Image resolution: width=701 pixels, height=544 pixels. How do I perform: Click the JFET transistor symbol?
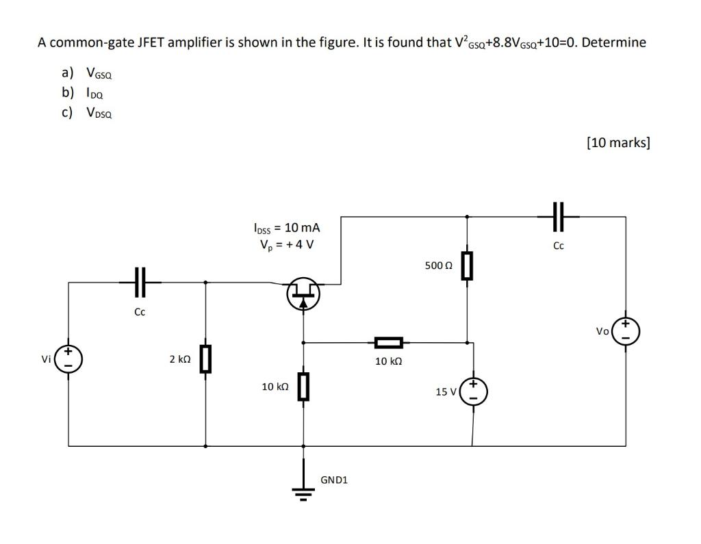point(303,294)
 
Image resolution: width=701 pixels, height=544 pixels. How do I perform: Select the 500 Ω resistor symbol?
point(467,265)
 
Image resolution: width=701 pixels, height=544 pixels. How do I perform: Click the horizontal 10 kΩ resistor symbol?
point(387,342)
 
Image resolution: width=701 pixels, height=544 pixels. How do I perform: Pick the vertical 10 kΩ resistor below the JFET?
point(304,387)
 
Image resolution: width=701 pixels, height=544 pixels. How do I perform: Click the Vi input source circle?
point(68,359)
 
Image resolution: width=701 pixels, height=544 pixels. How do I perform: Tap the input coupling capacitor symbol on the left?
point(140,281)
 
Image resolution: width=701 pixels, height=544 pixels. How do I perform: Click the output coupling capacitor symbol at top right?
point(559,216)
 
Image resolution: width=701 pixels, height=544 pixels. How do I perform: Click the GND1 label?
point(334,480)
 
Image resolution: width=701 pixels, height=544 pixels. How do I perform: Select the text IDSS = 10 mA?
point(286,227)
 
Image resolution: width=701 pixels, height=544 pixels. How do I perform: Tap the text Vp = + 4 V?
point(286,244)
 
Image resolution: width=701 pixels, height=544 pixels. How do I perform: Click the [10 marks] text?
point(618,142)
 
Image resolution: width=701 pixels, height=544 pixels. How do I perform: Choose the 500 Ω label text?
point(438,265)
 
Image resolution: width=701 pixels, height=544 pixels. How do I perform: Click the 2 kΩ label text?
point(179,359)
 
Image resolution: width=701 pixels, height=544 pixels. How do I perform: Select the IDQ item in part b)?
point(94,93)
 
